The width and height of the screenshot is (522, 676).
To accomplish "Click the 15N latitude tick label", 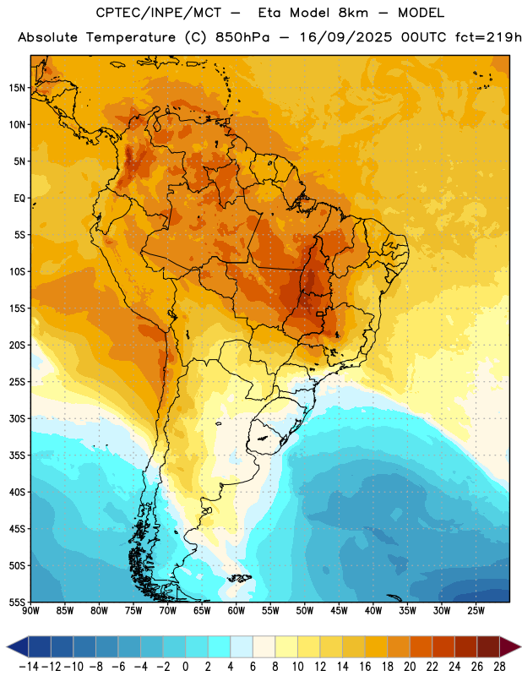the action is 17,88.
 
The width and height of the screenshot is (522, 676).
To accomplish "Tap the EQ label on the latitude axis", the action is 19,199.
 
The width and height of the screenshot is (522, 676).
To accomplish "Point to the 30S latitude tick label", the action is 17,418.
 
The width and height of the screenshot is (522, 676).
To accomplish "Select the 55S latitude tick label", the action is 17,602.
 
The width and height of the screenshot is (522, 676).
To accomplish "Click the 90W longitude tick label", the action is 30,611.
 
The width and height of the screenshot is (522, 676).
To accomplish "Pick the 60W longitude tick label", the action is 237,611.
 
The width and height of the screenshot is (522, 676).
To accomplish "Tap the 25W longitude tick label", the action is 476,611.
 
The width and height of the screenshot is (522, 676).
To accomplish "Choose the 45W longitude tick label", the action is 339,611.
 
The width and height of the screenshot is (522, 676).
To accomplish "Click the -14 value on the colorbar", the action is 29,667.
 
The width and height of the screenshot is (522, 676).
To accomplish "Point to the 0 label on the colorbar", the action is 185,667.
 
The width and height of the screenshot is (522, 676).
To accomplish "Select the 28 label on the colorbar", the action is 499,667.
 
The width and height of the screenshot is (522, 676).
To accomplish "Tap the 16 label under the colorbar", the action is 365,667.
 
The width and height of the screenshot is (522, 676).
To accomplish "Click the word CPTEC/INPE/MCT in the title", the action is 158,13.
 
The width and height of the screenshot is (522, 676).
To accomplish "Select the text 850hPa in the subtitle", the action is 242,37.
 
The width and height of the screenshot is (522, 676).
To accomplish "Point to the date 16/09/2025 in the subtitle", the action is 346,37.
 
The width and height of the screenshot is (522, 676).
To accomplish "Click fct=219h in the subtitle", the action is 488,37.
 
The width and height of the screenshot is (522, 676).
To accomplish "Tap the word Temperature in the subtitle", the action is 131,38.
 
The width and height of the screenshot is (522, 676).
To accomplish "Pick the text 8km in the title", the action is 353,13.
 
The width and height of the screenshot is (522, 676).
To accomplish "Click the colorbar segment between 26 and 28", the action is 488,647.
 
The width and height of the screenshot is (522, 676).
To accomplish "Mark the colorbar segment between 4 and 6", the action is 242,647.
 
